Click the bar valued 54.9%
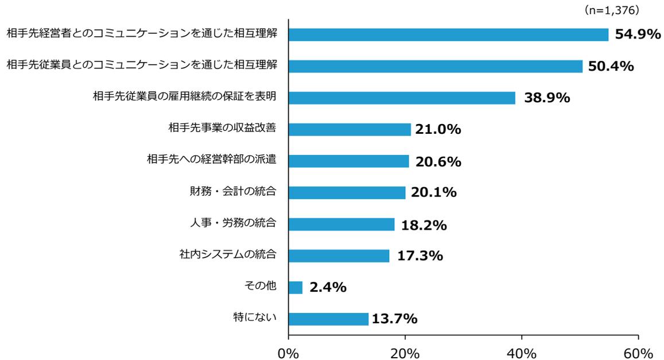coord(448,34)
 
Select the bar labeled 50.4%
coord(435,66)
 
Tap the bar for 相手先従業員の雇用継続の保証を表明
coord(402,98)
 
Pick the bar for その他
coord(296,287)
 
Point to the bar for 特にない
coord(328,319)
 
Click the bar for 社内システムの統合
coord(339,256)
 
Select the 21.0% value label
coord(438,130)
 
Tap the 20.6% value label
coord(438,162)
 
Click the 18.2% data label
coord(424,226)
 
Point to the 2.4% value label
coord(328,288)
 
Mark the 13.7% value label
coord(394,319)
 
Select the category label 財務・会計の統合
coord(234,191)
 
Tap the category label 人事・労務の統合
coord(234,223)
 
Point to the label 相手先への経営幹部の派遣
coord(212,159)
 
